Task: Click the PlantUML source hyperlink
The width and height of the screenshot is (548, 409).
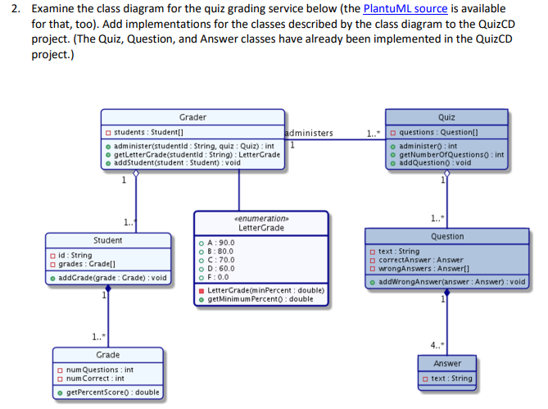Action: pos(405,9)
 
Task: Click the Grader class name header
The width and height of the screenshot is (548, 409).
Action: pos(192,117)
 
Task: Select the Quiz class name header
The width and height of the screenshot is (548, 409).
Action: pos(446,117)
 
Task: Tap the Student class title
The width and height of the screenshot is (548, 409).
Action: pos(108,240)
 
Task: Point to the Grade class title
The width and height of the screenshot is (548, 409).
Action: pos(108,355)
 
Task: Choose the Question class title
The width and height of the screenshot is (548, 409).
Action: pos(447,236)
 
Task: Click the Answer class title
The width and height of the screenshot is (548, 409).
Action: pos(447,363)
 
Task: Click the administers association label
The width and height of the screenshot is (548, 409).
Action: pos(309,133)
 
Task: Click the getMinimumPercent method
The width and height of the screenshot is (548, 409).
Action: pos(260,299)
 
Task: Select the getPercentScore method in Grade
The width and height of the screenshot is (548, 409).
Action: pos(112,393)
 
